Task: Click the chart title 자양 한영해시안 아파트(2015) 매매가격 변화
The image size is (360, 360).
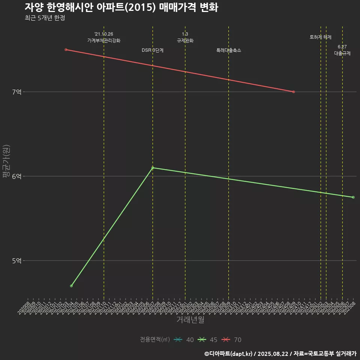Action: (x=121, y=7)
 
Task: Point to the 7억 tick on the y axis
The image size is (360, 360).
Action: (x=17, y=92)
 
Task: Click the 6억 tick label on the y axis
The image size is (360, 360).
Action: (x=17, y=176)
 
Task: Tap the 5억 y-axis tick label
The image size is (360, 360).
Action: (x=17, y=261)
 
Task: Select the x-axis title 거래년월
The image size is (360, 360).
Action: (x=190, y=320)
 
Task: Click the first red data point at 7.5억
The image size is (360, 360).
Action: (x=66, y=49)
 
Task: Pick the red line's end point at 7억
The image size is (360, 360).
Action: (x=294, y=92)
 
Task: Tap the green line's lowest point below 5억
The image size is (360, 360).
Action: (x=71, y=286)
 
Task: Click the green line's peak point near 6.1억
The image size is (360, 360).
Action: (x=153, y=168)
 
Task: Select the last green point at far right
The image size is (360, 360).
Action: (x=353, y=197)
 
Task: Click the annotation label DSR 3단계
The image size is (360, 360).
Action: (x=153, y=50)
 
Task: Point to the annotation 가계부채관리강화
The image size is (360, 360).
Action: (x=104, y=40)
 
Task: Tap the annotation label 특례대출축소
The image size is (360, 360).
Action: (x=229, y=50)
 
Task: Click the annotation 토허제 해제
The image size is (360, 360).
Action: (x=321, y=37)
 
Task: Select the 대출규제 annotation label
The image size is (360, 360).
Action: (x=342, y=53)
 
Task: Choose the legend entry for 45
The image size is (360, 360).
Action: (x=208, y=340)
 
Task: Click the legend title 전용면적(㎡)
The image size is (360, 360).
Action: (x=154, y=340)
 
